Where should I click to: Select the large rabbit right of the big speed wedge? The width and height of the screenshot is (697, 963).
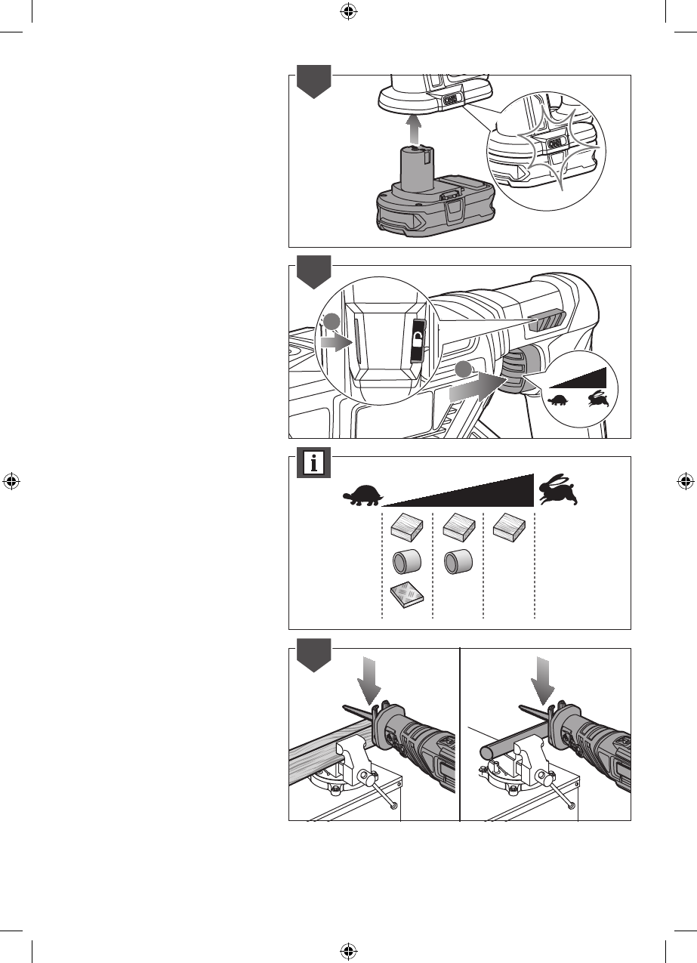click(560, 491)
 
